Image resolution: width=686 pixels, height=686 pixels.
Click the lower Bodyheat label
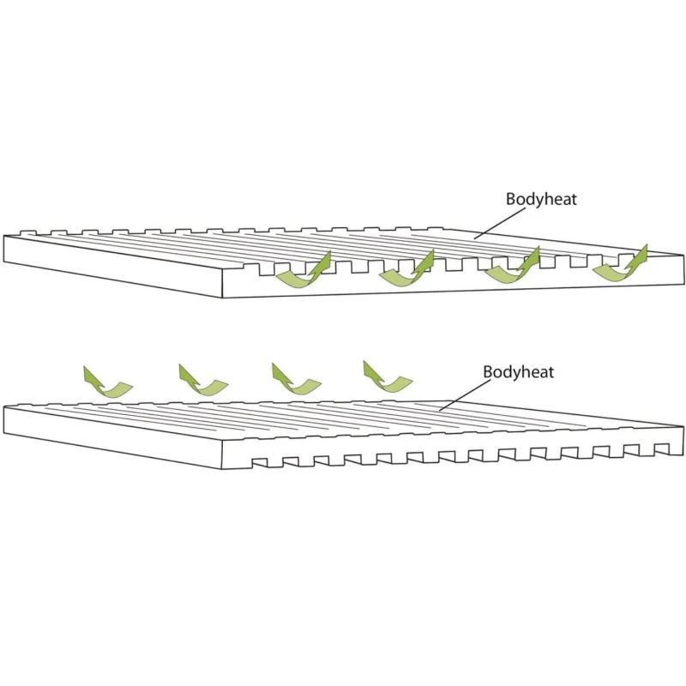coord(519,372)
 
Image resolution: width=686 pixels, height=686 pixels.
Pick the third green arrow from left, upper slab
coord(511,267)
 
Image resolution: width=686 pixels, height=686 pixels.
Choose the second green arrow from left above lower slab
coord(202,381)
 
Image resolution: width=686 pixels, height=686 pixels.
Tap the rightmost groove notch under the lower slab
coord(662,448)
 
